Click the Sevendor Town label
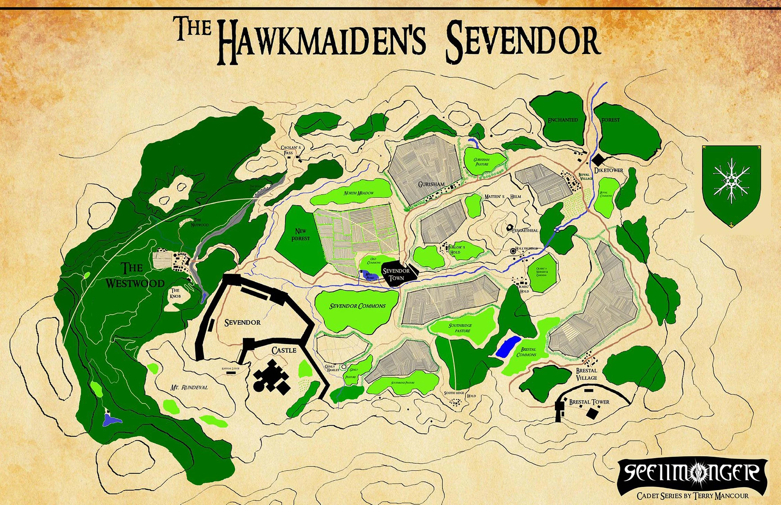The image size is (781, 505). click(396, 274)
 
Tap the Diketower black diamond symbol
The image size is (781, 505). click(598, 159)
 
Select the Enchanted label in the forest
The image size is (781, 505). click(562, 120)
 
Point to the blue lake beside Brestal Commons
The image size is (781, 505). click(508, 346)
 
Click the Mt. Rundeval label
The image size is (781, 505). click(189, 387)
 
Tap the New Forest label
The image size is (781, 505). click(300, 235)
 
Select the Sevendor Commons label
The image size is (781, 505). click(357, 306)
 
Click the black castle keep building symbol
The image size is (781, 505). click(271, 378)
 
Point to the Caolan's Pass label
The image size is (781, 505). click(291, 150)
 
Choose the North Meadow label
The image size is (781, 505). click(358, 193)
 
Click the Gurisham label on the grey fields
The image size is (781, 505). click(431, 184)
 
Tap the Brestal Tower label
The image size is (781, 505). click(589, 402)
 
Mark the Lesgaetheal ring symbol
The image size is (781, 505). click(509, 227)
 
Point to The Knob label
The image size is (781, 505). click(175, 293)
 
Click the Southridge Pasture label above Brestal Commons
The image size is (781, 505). click(460, 328)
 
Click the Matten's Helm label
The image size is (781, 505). click(502, 197)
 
